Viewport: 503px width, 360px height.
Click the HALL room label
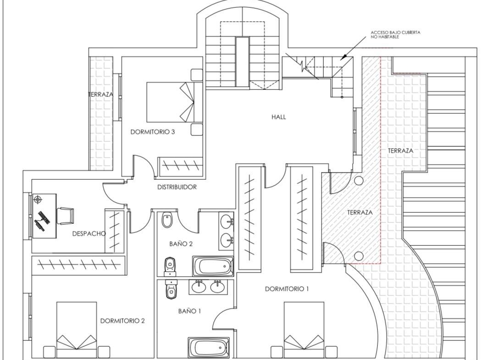click(278, 117)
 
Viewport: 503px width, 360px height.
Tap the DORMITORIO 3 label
click(153, 132)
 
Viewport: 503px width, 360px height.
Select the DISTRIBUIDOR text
click(177, 187)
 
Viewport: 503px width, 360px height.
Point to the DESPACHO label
click(89, 233)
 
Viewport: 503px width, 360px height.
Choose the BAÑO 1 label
click(189, 311)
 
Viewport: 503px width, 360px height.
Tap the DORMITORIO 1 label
click(287, 289)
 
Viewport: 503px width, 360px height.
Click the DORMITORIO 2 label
click(122, 321)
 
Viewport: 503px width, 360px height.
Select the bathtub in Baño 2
click(213, 266)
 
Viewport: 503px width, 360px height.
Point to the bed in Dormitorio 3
click(175, 102)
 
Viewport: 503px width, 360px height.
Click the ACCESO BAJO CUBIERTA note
click(395, 34)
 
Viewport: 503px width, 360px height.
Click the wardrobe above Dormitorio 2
click(78, 265)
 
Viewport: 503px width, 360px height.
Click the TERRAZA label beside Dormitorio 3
click(101, 94)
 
